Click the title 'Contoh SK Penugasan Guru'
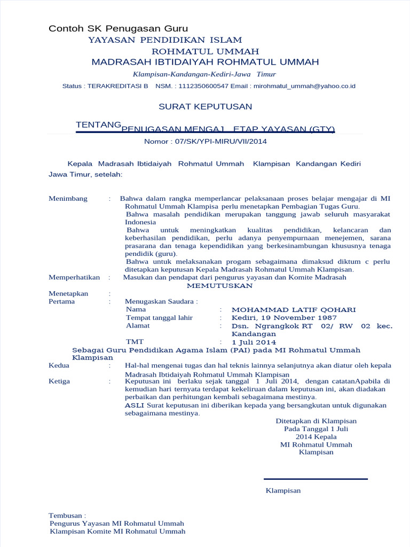[x=118, y=28]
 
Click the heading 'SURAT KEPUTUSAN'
[x=205, y=107]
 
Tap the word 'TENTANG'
[x=98, y=124]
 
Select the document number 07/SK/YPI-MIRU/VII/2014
[x=206, y=142]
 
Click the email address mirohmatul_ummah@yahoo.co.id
[x=304, y=86]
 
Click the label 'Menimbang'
[x=68, y=199]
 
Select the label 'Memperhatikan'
[x=74, y=277]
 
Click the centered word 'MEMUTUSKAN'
[x=215, y=286]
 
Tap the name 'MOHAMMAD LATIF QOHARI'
[x=294, y=310]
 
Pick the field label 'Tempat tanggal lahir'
[x=159, y=318]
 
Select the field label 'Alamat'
[x=138, y=326]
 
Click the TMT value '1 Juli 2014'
[x=254, y=342]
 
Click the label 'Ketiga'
[x=59, y=381]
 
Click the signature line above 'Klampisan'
[x=316, y=479]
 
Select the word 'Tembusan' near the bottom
[x=66, y=515]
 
